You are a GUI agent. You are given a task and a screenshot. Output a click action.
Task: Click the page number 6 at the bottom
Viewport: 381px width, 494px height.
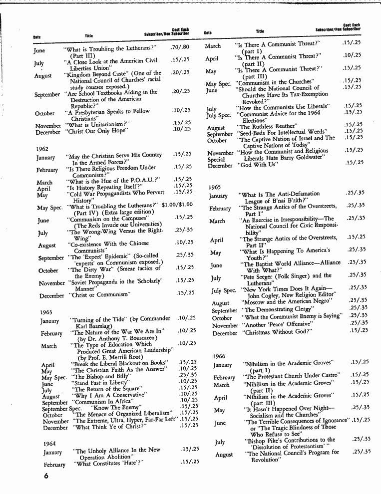point(44,476)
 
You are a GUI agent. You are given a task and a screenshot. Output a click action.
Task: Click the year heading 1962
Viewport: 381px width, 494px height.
point(42,149)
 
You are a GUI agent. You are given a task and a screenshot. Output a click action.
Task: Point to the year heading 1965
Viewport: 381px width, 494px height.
point(214,187)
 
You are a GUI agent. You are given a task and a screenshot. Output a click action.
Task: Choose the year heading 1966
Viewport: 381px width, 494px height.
point(219,356)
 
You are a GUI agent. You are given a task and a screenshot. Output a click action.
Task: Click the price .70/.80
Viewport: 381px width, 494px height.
point(180,47)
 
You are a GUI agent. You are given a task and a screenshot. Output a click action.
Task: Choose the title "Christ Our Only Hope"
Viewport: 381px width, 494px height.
point(96,131)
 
